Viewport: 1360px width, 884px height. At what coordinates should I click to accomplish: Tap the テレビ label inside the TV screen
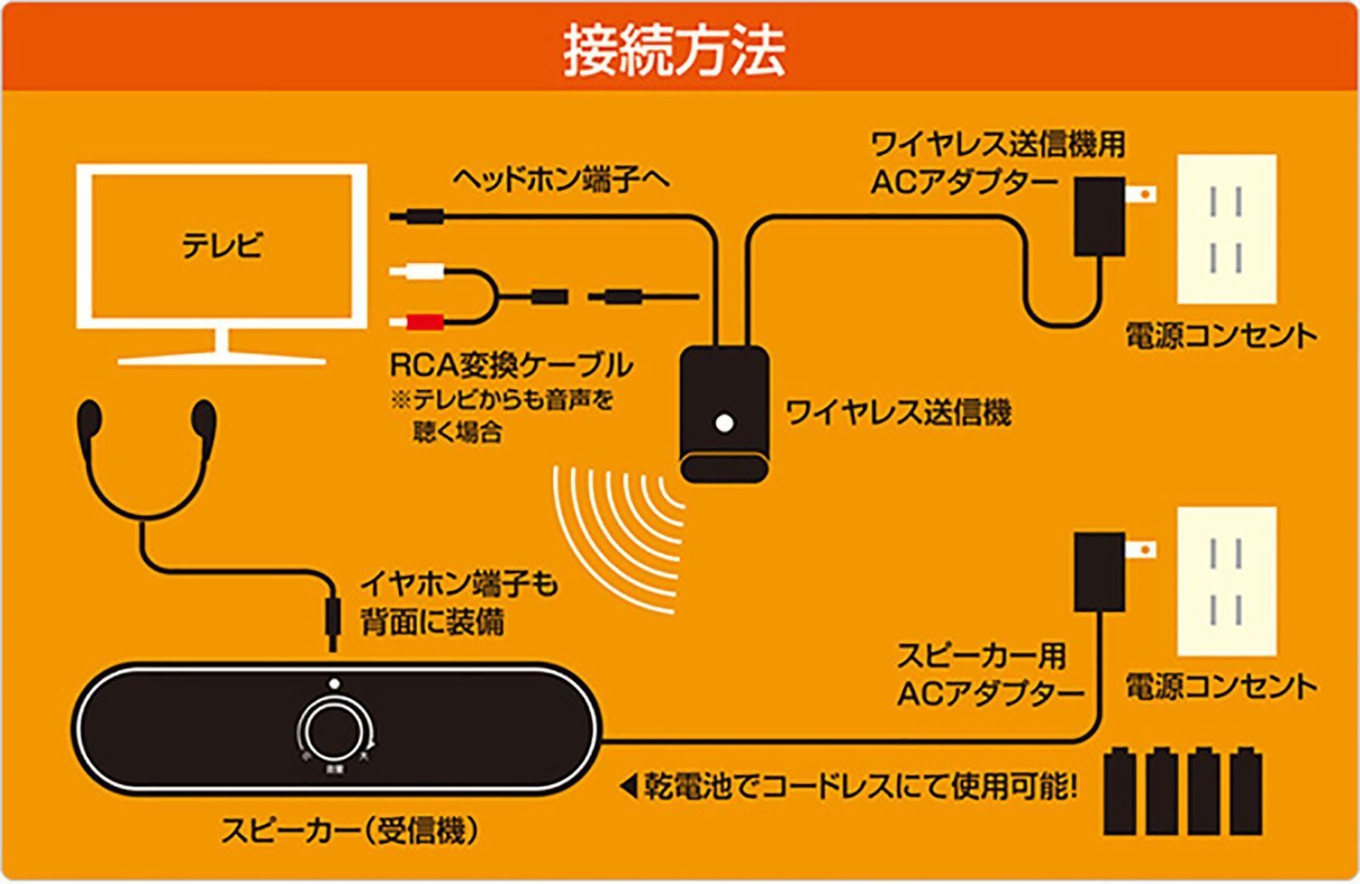click(x=222, y=245)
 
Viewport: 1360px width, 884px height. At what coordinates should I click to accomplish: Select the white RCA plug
click(x=423, y=271)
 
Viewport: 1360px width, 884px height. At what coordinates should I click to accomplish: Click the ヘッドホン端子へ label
click(x=561, y=179)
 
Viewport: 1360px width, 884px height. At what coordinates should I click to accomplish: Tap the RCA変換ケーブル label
click(x=510, y=364)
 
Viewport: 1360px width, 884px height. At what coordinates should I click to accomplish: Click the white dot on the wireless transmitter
click(x=724, y=423)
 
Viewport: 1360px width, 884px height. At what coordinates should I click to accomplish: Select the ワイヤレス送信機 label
click(x=898, y=413)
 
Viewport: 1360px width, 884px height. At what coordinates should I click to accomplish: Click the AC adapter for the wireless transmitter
click(x=1100, y=216)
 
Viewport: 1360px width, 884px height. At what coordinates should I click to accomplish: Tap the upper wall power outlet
click(x=1226, y=229)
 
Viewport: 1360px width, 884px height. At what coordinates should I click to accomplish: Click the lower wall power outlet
click(x=1226, y=580)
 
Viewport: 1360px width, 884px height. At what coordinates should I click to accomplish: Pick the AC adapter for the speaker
click(x=1099, y=571)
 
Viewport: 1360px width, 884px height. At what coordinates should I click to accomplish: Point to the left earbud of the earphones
click(x=90, y=420)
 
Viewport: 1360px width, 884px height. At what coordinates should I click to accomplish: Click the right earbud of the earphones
click(x=205, y=420)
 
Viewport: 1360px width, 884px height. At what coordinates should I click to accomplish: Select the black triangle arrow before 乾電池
click(x=629, y=785)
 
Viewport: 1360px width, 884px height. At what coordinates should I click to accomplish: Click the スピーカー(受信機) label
click(x=349, y=830)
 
